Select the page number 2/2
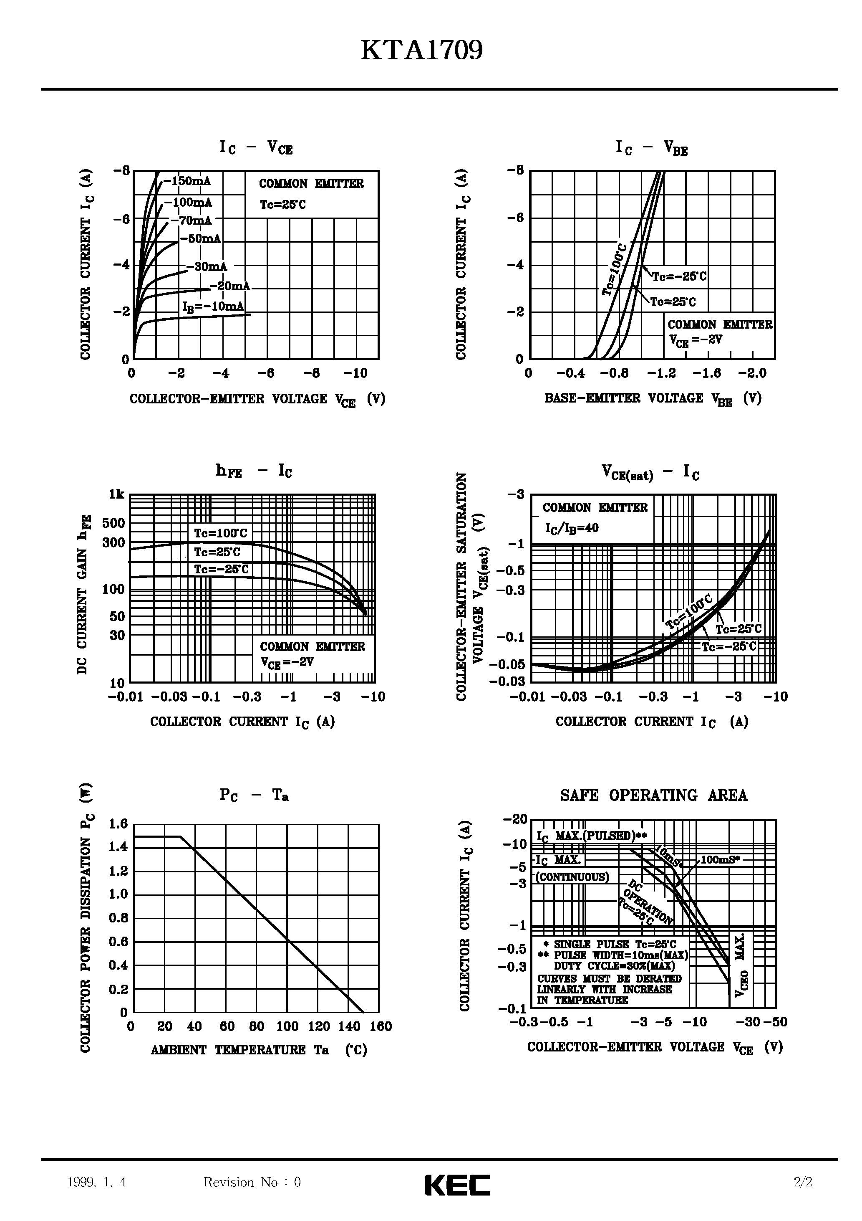(802, 1182)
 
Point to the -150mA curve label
(187, 181)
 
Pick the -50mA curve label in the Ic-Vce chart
(200, 239)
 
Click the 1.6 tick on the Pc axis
(118, 824)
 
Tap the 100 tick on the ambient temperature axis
(287, 1027)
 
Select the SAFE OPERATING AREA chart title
(654, 795)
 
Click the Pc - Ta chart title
(254, 795)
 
